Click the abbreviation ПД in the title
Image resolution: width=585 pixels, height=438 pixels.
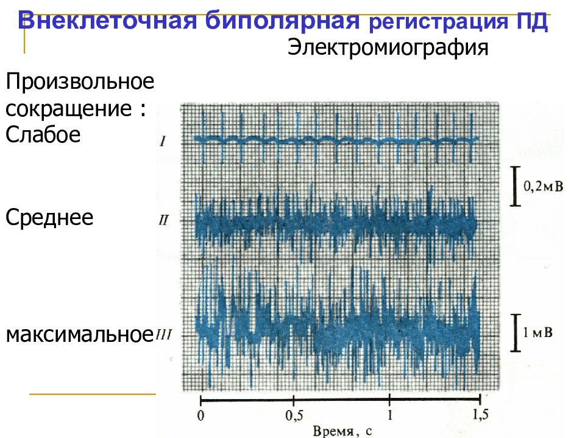[x=531, y=24]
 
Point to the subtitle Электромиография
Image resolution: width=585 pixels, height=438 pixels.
[x=388, y=48]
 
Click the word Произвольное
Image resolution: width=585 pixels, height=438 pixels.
[x=79, y=82]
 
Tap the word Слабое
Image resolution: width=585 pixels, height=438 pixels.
[x=43, y=134]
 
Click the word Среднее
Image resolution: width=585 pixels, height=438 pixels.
[x=49, y=217]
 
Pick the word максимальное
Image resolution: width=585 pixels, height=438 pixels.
[x=79, y=334]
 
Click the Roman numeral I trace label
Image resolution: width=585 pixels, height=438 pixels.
[x=163, y=142]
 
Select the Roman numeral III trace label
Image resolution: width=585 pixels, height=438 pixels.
[x=165, y=334]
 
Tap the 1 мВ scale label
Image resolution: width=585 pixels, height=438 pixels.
[x=539, y=332]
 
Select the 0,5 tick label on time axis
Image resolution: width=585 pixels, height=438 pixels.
[x=294, y=415]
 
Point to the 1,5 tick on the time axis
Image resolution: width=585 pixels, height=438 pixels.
[x=480, y=414]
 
